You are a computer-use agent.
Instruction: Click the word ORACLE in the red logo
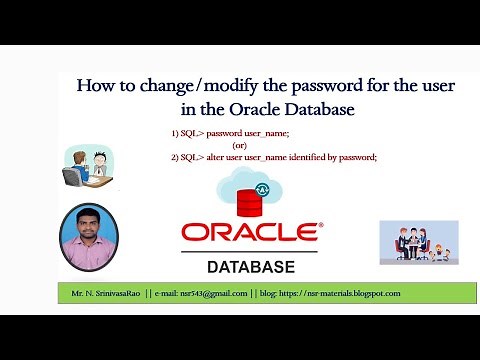tap(250, 233)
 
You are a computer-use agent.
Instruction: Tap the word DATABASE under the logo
tap(250, 268)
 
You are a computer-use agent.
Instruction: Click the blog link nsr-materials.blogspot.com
tap(345, 293)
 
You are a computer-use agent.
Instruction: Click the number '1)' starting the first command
tap(176, 132)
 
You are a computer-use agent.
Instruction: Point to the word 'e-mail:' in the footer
tap(169, 293)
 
